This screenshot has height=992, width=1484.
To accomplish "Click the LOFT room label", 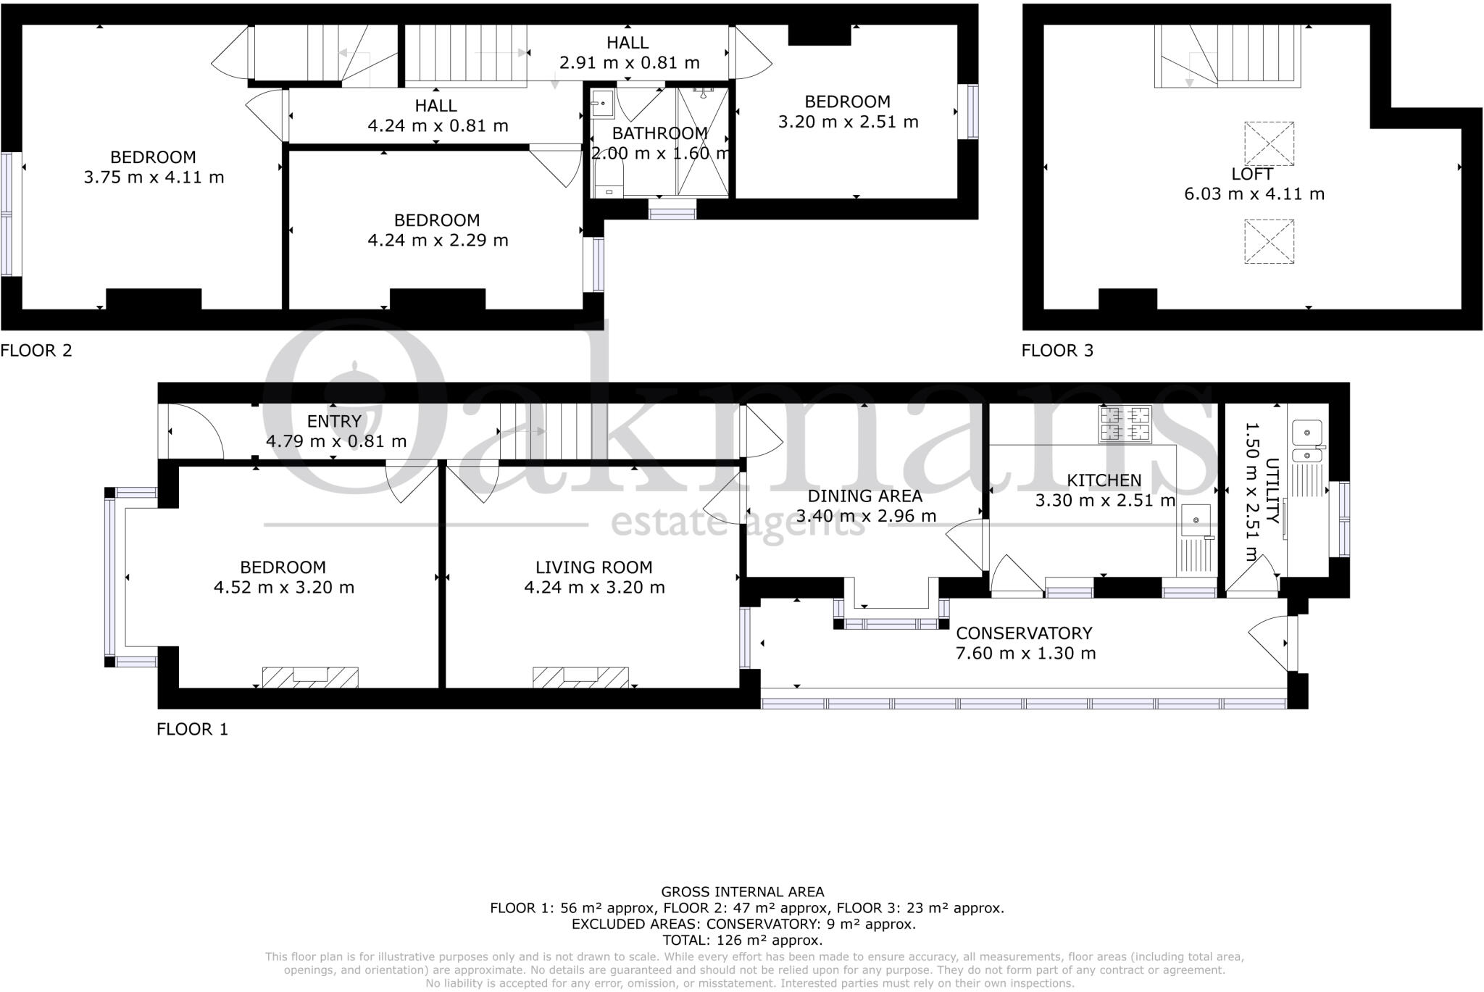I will (x=1253, y=174).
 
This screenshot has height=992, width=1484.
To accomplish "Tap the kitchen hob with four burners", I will (x=1125, y=425).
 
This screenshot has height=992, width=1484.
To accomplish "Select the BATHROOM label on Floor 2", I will (x=659, y=133).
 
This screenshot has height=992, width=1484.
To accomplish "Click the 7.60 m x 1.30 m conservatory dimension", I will (x=1025, y=654).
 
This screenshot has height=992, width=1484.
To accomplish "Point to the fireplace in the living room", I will (x=580, y=677).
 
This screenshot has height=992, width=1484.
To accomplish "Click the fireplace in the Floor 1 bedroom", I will (x=310, y=677).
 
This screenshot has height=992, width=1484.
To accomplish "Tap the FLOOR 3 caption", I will (x=1057, y=351).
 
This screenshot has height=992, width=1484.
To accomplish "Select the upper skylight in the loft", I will (x=1269, y=143).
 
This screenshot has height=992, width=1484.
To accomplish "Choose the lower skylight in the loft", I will (x=1269, y=241).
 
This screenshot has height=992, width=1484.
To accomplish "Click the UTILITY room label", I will (x=1272, y=491).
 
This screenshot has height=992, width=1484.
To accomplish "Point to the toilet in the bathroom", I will (x=609, y=178).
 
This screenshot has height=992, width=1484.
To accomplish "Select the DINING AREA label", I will (x=864, y=496).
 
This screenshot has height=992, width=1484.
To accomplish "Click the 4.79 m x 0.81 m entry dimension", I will (x=336, y=441).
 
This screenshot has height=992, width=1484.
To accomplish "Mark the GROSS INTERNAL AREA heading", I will (x=742, y=892).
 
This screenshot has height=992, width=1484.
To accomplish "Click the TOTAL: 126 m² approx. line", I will (x=742, y=941).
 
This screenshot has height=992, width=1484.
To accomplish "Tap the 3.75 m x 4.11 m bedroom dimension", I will (x=154, y=178).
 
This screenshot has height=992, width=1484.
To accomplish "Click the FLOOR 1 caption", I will (x=192, y=730).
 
